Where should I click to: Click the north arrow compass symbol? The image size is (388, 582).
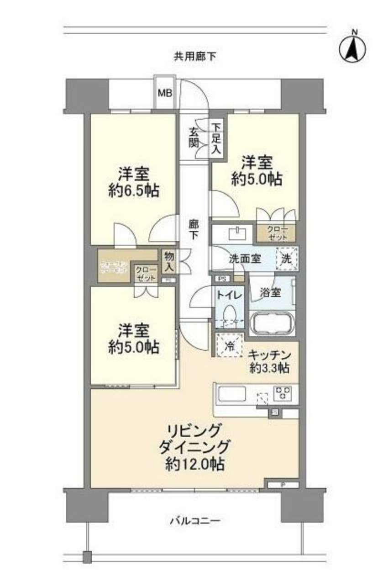click(353, 47)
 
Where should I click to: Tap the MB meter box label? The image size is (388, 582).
click(165, 93)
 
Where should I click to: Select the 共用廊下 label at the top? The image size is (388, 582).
click(195, 57)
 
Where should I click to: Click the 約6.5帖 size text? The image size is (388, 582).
click(134, 191)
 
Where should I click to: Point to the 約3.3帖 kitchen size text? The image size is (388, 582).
click(269, 368)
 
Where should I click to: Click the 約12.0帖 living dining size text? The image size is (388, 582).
click(195, 465)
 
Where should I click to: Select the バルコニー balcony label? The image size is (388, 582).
click(195, 521)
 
